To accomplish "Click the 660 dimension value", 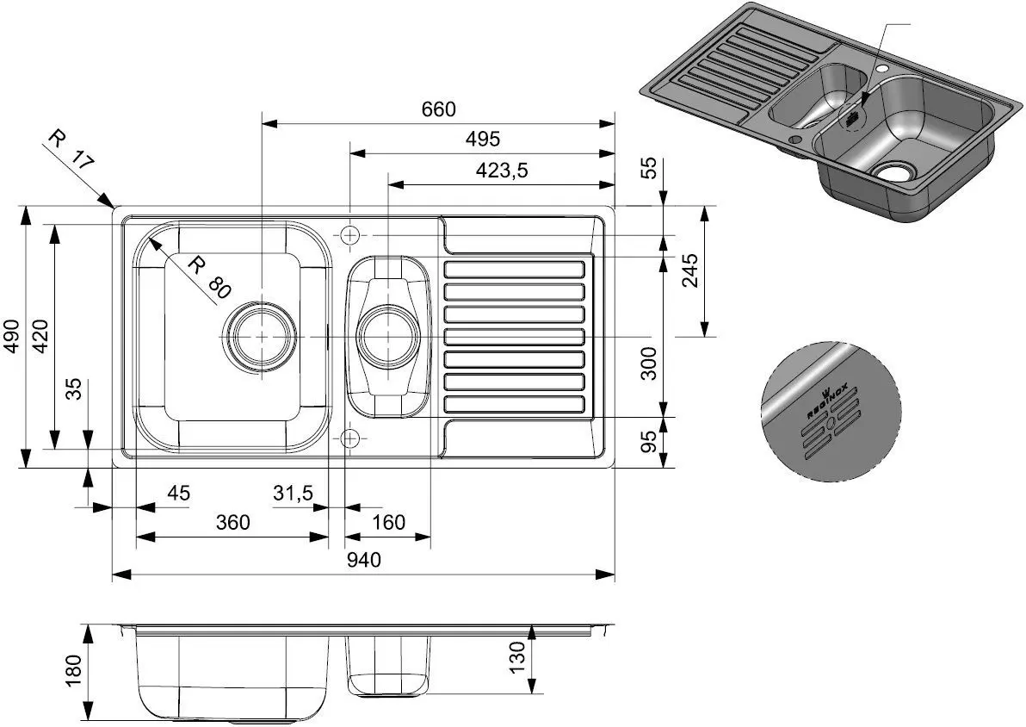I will tap(437, 109).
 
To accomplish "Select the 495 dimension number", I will tap(481, 139).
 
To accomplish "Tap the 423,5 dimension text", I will tap(501, 171).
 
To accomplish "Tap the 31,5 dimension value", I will tap(293, 493).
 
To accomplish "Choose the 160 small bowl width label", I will tap(388, 522).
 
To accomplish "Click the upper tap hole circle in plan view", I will tap(350, 234).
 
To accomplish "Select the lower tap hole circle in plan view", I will tap(349, 438).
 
